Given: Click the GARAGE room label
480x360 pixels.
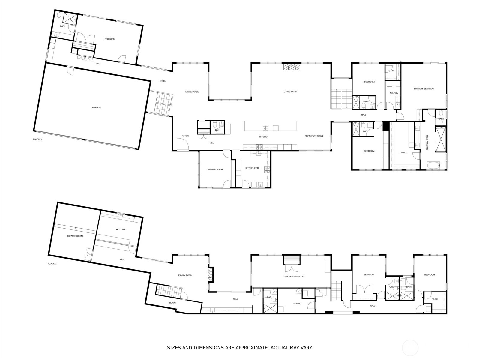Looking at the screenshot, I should [96, 107].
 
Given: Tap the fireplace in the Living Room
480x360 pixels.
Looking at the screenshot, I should [292, 67].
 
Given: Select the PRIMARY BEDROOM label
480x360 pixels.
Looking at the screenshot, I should [424, 89].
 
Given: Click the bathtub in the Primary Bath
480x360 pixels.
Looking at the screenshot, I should [433, 165].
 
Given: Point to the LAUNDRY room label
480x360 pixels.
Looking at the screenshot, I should [393, 93].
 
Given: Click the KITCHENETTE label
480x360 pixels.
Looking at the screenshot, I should [252, 168].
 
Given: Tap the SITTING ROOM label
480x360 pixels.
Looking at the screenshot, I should [215, 169].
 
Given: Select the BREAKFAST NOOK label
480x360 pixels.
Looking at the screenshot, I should [314, 136].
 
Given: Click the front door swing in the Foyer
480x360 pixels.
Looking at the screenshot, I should [182, 145].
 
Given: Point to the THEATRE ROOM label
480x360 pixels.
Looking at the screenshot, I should [75, 236].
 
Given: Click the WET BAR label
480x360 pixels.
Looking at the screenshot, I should [120, 229].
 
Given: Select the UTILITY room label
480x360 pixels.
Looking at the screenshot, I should [296, 304].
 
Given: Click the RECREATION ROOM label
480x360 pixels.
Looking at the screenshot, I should [294, 277].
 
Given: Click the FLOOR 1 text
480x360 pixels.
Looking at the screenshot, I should [52, 264].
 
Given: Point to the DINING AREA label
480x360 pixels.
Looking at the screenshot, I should [192, 92].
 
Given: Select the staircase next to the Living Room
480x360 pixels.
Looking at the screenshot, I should [341, 98].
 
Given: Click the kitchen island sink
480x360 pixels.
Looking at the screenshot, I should [266, 128].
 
